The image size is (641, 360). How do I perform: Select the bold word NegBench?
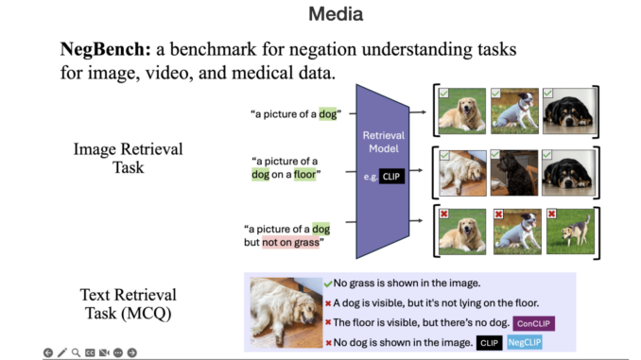pyautogui.click(x=100, y=48)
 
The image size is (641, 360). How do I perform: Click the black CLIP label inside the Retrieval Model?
pyautogui.click(x=390, y=177)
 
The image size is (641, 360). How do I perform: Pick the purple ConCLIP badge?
pyautogui.click(x=533, y=323)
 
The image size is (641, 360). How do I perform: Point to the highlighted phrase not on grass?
pyautogui.click(x=292, y=243)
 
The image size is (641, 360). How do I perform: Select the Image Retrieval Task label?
pyautogui.click(x=129, y=159)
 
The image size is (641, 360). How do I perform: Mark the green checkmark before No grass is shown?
pyautogui.click(x=327, y=283)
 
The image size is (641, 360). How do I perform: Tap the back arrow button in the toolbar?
pyautogui.click(x=48, y=352)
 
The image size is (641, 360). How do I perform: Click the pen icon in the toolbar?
pyautogui.click(x=62, y=352)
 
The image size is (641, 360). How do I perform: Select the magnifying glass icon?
pyautogui.click(x=76, y=352)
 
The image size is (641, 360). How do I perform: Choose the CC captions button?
pyautogui.click(x=90, y=352)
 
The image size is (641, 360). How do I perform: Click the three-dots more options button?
pyautogui.click(x=118, y=352)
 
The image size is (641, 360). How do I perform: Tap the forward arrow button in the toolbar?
pyautogui.click(x=132, y=352)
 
